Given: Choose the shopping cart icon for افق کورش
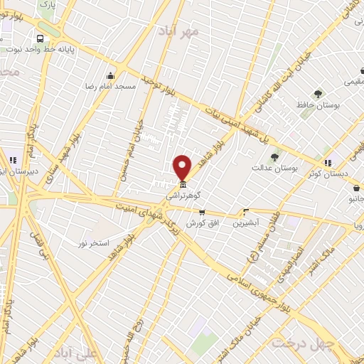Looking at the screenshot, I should click(x=202, y=213).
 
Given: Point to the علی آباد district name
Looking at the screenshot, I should click(x=79, y=353).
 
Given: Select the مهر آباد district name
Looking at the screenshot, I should click(x=200, y=32).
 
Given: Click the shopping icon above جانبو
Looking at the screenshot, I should click(x=355, y=188).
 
